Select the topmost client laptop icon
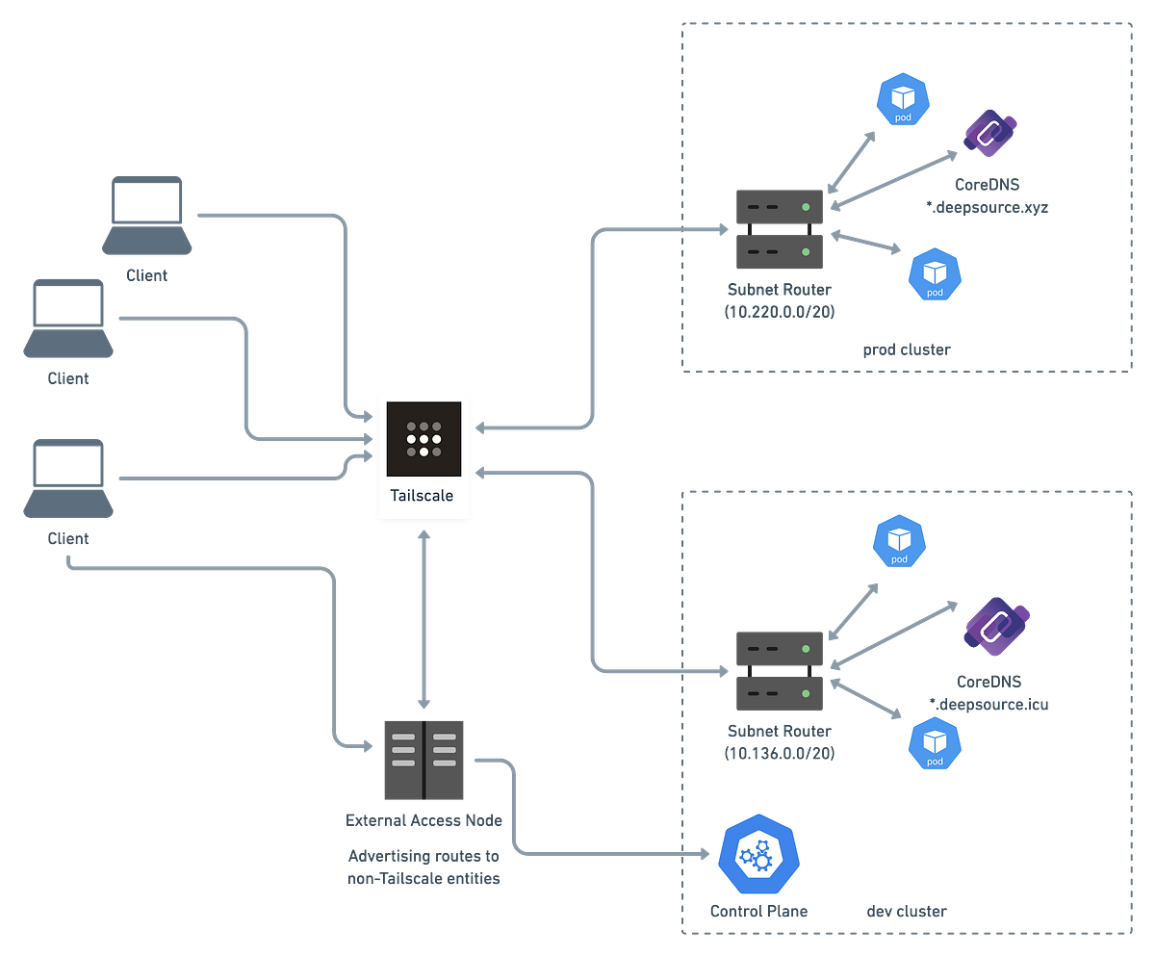(x=146, y=214)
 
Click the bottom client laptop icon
(x=68, y=478)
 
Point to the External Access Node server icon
(x=423, y=760)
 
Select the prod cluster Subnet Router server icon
(x=779, y=229)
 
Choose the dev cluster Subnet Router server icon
(x=779, y=671)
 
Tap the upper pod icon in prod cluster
(x=903, y=101)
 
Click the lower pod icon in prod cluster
(x=934, y=273)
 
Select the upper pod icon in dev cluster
(x=899, y=541)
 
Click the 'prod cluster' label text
(x=904, y=349)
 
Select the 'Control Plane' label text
(x=758, y=911)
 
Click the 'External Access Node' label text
(x=423, y=821)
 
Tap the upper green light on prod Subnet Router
(x=805, y=207)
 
